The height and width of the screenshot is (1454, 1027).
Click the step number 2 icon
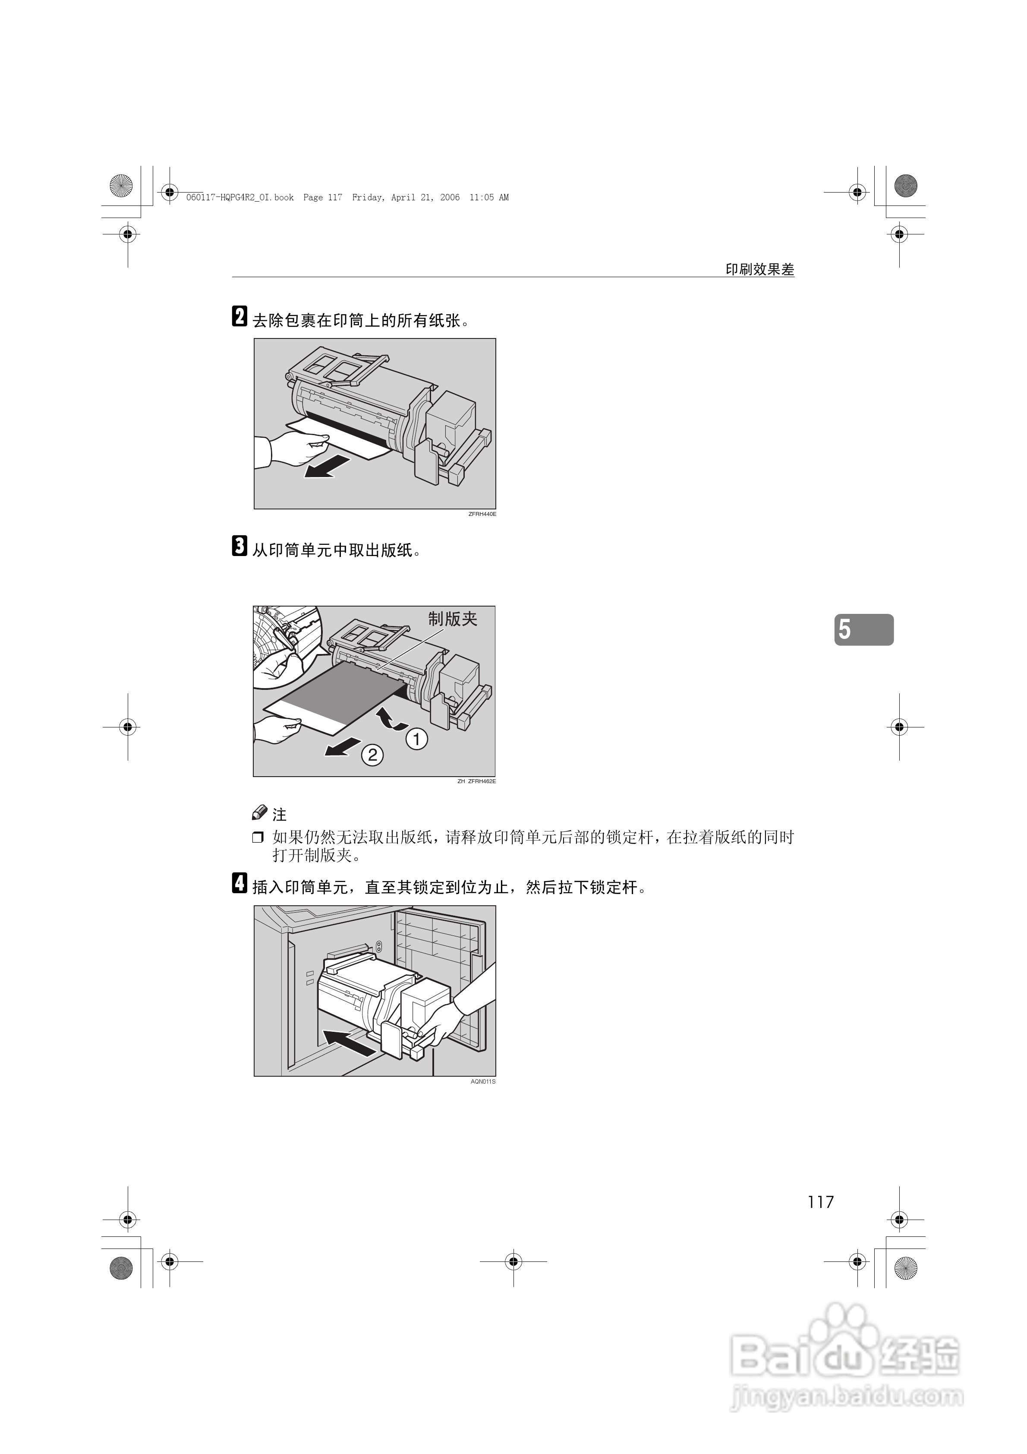[x=239, y=316]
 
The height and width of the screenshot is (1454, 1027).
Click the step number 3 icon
[x=239, y=546]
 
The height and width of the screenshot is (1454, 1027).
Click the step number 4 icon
[x=239, y=883]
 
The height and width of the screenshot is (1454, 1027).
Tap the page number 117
[x=821, y=1202]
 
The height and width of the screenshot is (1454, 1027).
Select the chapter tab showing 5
[x=863, y=629]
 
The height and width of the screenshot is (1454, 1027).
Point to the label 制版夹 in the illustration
[x=452, y=619]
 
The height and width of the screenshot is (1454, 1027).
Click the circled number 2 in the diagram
[x=372, y=755]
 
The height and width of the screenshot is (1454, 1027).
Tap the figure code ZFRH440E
[x=482, y=514]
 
